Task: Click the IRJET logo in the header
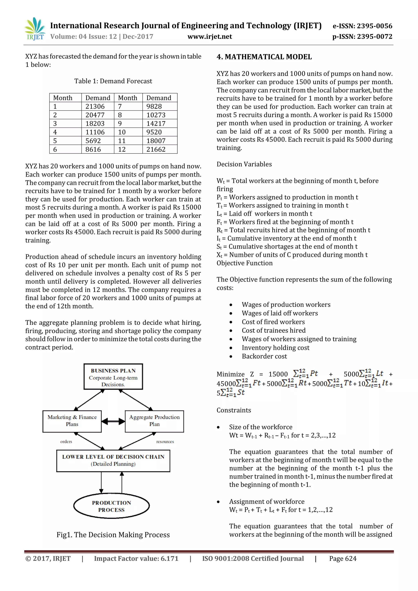(x=35, y=29)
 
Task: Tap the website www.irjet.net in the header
(x=210, y=37)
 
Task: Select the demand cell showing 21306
(x=95, y=106)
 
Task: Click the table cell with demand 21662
(x=156, y=149)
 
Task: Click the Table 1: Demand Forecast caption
(x=113, y=81)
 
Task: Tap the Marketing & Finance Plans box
(x=72, y=421)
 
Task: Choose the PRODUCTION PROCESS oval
(x=111, y=506)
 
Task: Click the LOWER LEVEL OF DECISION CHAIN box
(x=113, y=461)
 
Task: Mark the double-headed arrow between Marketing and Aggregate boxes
(x=113, y=421)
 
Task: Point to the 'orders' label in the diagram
(x=66, y=442)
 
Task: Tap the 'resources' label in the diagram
(x=165, y=442)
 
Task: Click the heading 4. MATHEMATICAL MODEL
(x=264, y=57)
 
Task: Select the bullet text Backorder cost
(x=264, y=356)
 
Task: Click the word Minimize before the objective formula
(x=230, y=374)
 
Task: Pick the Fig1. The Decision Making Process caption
(x=113, y=535)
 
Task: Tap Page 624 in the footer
(x=343, y=559)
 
